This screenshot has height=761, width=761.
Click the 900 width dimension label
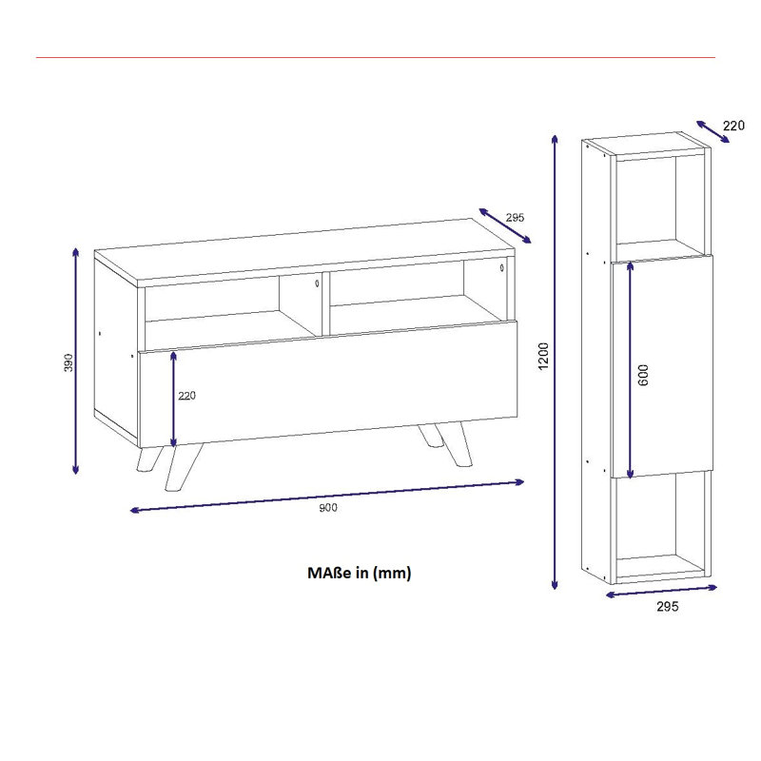(x=328, y=508)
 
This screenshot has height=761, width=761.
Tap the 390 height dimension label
(x=68, y=363)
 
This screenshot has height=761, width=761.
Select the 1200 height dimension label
(x=543, y=356)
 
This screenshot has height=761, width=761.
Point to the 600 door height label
(x=643, y=375)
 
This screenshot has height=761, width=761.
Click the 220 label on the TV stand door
(x=186, y=396)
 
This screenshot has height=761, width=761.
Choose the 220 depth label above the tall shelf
(x=733, y=126)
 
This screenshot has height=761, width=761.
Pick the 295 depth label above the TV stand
(x=515, y=218)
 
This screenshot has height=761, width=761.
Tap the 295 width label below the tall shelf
(x=668, y=606)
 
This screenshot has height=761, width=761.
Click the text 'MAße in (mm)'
(x=360, y=573)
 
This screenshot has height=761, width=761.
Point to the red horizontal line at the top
(x=376, y=58)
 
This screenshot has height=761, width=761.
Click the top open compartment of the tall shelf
(x=659, y=205)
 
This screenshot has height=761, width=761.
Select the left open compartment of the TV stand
(x=231, y=306)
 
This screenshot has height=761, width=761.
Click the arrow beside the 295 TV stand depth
(x=505, y=225)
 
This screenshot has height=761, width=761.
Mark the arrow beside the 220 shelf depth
(x=712, y=131)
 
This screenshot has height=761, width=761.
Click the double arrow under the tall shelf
(x=661, y=591)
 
